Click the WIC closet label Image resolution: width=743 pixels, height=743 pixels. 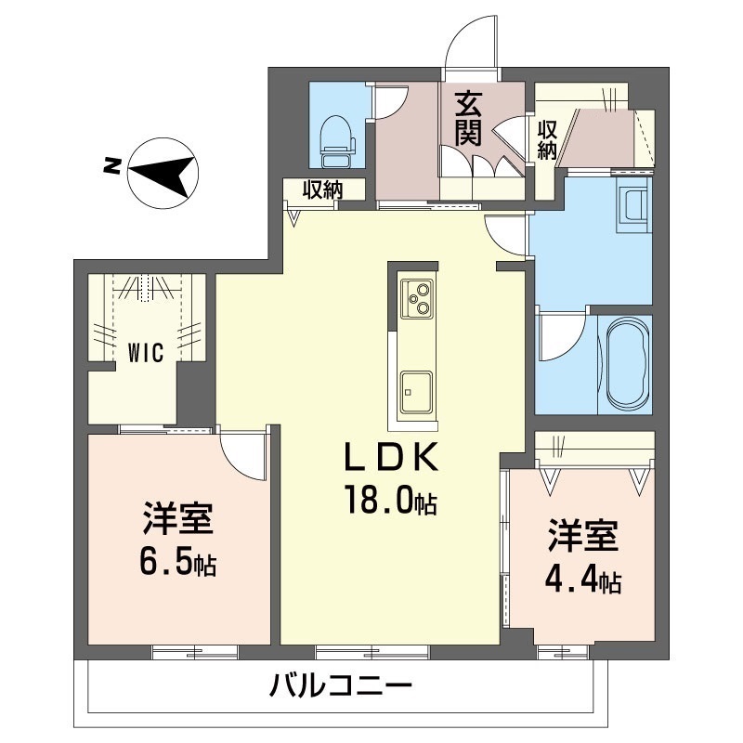(146, 352)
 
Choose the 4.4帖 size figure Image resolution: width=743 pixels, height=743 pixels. (582, 581)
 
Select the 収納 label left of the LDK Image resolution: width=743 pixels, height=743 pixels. (322, 190)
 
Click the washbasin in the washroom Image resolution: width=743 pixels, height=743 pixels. (635, 207)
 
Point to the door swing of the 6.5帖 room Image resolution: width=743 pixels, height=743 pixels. (243, 453)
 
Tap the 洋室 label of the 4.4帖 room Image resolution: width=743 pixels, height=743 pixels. (582, 537)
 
